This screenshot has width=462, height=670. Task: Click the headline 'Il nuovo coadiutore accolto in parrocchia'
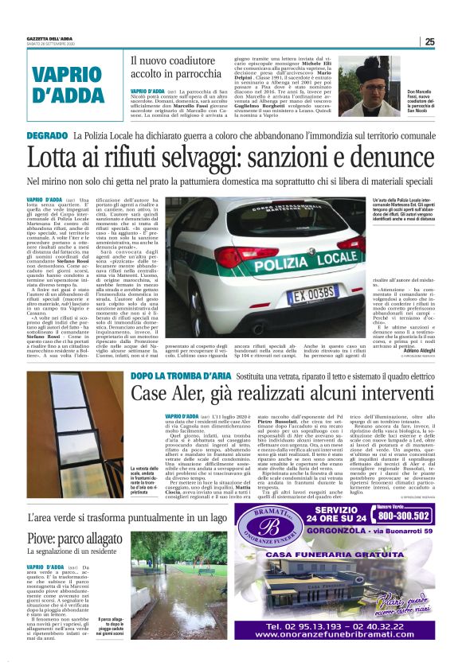[x=181, y=68]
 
